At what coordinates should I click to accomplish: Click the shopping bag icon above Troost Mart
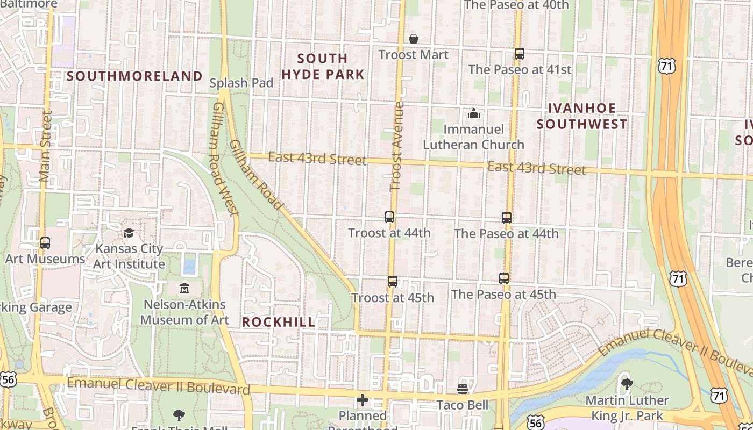[414, 39]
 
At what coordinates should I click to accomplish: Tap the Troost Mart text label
[413, 55]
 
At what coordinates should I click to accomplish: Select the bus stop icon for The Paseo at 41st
[519, 54]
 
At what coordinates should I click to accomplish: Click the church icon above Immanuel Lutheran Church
[473, 113]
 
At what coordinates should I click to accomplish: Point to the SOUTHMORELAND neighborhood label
[134, 76]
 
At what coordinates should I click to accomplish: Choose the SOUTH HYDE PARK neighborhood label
[323, 66]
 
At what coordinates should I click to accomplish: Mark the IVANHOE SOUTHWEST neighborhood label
[582, 116]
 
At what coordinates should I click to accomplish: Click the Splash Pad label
[241, 83]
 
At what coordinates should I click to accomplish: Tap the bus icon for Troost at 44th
[389, 217]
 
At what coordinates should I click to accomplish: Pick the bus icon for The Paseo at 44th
[506, 218]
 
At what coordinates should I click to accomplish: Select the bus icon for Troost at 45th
[393, 282]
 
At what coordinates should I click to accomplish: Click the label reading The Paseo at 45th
[503, 295]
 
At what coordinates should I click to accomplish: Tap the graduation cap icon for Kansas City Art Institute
[129, 233]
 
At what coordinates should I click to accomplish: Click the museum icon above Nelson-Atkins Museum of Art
[184, 289]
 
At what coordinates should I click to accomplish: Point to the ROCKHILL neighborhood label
[279, 322]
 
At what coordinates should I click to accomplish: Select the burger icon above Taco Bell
[463, 389]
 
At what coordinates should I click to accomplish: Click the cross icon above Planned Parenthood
[363, 400]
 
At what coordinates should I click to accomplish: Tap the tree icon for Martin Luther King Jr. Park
[627, 384]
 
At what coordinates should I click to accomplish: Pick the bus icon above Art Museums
[45, 243]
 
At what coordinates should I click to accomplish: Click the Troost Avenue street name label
[397, 146]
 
